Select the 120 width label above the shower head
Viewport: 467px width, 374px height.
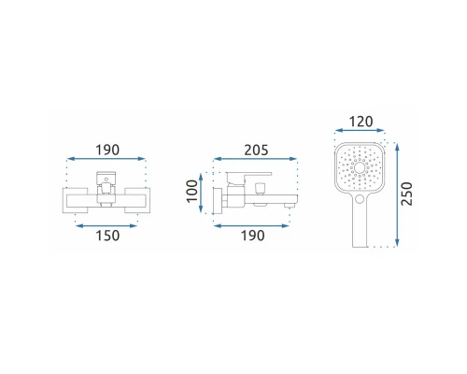click(359, 122)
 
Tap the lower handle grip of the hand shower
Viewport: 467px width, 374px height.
click(360, 229)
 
